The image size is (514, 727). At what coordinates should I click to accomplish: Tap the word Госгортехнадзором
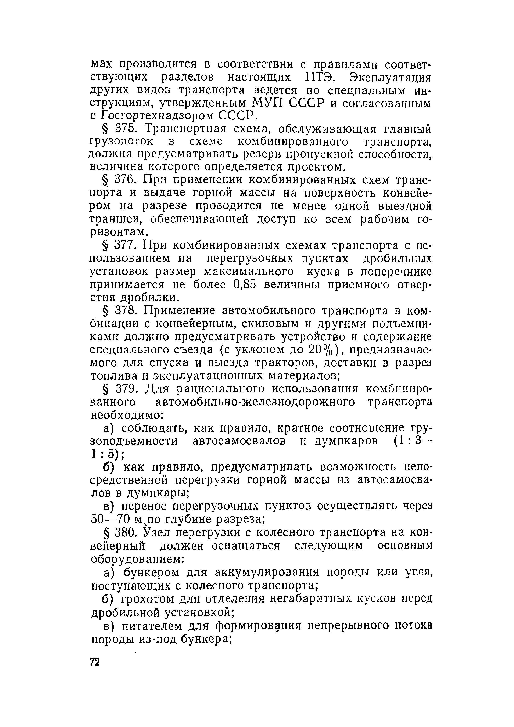[157, 116]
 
